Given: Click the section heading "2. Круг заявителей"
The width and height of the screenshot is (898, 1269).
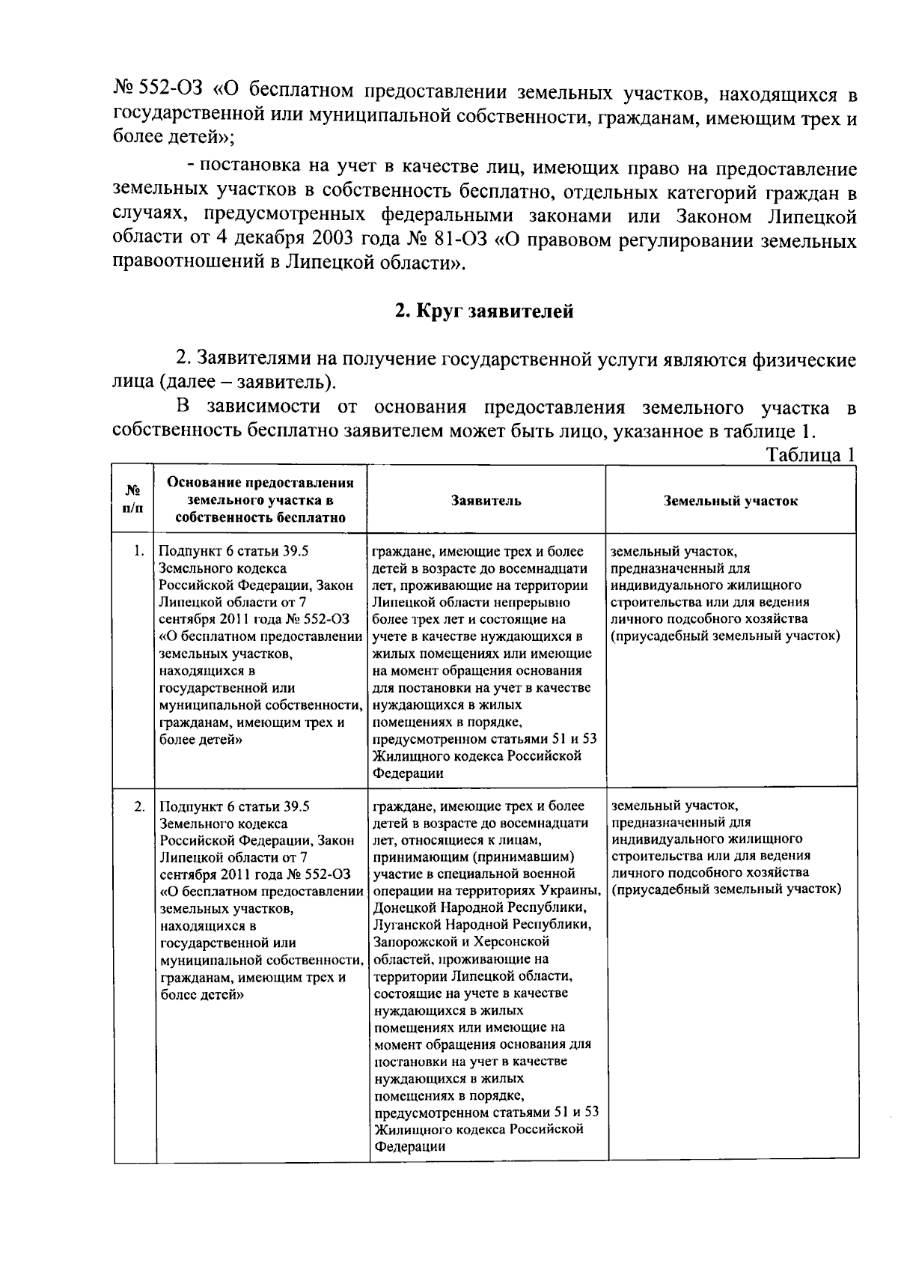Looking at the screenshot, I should (x=484, y=311).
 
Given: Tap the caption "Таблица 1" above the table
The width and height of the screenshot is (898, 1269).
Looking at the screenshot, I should (x=810, y=455).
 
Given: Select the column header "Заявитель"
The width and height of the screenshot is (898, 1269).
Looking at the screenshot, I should (x=486, y=501).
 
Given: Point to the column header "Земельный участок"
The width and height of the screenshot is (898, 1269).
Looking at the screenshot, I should (x=730, y=501).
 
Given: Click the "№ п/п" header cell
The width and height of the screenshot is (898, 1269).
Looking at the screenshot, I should (x=132, y=499).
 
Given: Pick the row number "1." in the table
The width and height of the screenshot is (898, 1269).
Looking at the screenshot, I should (x=138, y=552).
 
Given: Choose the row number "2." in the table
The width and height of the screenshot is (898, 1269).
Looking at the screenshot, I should (x=138, y=806).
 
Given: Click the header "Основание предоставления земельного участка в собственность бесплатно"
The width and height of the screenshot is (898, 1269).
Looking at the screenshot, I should (x=260, y=499).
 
